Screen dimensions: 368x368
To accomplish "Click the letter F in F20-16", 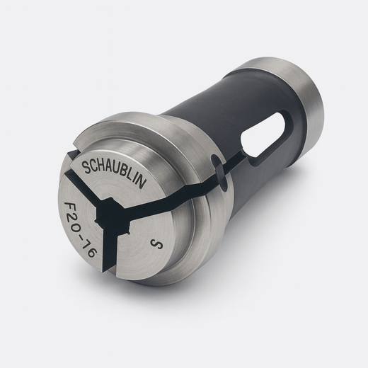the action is point(69,207).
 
